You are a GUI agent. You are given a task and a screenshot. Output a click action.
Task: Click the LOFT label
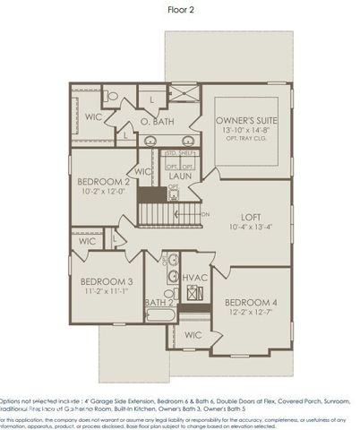pyautogui.click(x=250, y=217)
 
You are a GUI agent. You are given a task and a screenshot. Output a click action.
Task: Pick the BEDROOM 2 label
pyautogui.click(x=104, y=181)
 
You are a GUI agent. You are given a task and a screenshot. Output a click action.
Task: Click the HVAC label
pyautogui.click(x=195, y=279)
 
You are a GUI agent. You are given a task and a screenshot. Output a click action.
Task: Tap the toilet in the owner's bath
pyautogui.click(x=111, y=94)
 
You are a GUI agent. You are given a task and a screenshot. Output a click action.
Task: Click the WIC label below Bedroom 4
pyautogui.click(x=193, y=335)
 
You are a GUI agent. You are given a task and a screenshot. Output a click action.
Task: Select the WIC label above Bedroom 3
pyautogui.click(x=88, y=241)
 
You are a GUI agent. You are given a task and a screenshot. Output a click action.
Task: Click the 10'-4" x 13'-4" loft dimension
pyautogui.click(x=250, y=228)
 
